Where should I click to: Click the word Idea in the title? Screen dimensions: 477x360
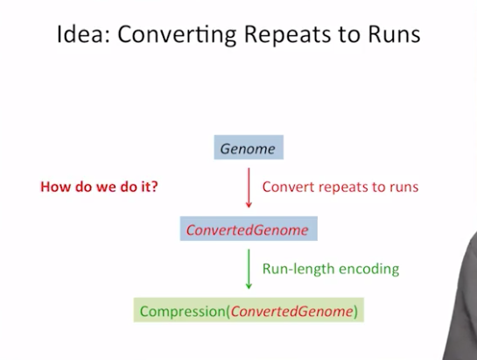point(81,34)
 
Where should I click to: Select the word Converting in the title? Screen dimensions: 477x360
point(177,35)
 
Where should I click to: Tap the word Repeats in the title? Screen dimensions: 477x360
point(287,35)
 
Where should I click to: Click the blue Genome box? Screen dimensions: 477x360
point(249,147)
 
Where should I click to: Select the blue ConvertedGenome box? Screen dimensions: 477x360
point(249,229)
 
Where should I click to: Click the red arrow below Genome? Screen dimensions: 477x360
point(249,188)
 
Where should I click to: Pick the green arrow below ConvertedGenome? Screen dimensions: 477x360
point(249,269)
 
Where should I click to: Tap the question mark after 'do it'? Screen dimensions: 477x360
point(155,187)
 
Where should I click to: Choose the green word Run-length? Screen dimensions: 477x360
point(298,269)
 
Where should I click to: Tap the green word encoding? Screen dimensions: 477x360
point(369,269)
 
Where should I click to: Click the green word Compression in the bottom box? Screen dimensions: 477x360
point(183,311)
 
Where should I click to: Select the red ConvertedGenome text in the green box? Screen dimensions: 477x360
point(291,311)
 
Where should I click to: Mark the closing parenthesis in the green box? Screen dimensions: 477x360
point(356,312)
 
